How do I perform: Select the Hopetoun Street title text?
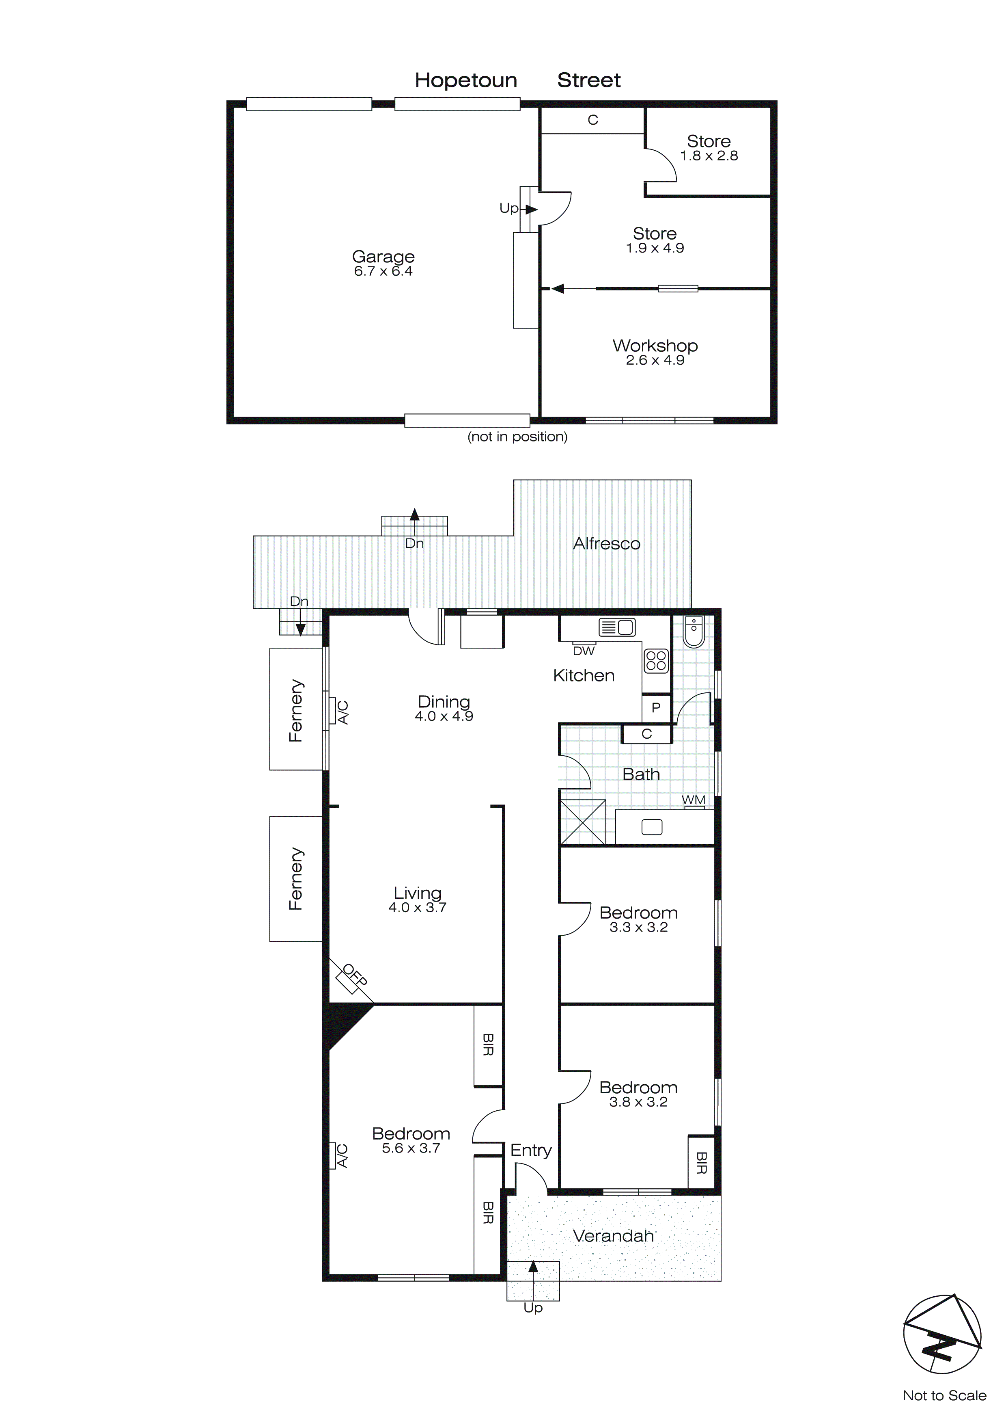point(517,80)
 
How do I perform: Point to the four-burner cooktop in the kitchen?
point(656,661)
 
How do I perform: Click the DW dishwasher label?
point(584,651)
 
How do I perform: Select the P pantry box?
point(656,708)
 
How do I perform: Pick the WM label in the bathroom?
point(694,800)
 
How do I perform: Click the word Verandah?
point(613,1237)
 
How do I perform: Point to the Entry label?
point(531,1151)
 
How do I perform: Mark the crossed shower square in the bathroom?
point(582,822)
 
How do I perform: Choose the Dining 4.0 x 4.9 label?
point(444,708)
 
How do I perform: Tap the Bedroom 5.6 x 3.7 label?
point(411,1140)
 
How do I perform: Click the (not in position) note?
point(517,437)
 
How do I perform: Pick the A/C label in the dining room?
point(342,712)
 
